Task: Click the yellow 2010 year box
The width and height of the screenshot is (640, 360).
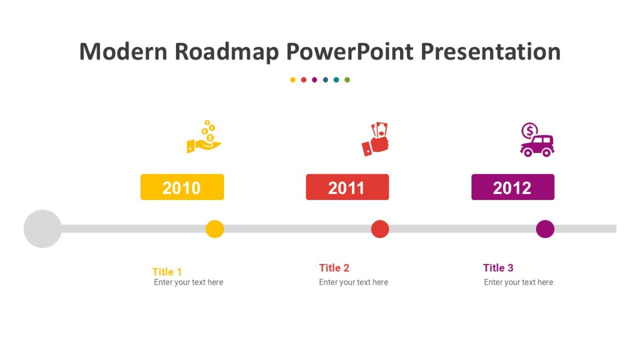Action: [182, 187]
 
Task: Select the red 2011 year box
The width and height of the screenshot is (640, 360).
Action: [347, 187]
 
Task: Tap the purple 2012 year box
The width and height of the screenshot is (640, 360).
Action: [513, 187]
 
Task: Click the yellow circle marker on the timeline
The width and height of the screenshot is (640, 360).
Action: [214, 229]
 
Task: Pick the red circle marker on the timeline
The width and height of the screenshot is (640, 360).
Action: [380, 229]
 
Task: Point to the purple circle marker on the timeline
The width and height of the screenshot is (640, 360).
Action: [545, 229]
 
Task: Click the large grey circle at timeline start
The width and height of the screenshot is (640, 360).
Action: [43, 229]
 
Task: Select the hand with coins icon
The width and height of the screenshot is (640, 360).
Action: [204, 137]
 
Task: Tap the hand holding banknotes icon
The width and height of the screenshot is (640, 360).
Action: [375, 139]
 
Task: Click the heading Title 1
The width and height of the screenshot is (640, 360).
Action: [167, 271]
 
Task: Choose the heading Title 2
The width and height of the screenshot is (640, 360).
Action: [334, 268]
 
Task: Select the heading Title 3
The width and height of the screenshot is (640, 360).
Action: [498, 268]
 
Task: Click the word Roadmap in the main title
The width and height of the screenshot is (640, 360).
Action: [226, 52]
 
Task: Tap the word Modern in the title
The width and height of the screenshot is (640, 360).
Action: [123, 52]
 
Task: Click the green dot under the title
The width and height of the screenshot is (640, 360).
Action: [347, 80]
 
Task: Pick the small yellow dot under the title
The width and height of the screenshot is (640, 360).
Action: [293, 80]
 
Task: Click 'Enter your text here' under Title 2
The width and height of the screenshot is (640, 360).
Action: [354, 282]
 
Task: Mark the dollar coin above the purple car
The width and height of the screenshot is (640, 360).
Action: [530, 130]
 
